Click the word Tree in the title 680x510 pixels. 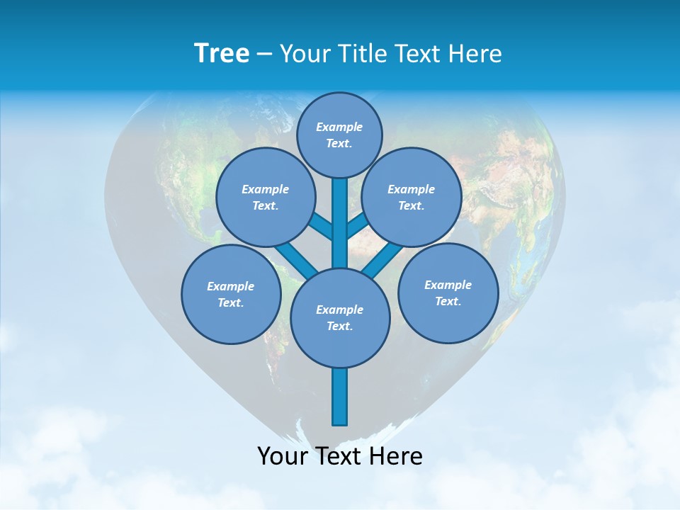222,54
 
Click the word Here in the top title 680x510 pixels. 475,54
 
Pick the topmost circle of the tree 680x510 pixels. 339,135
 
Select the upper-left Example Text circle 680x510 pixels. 265,197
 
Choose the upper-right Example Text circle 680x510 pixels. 412,197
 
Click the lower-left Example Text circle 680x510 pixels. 231,294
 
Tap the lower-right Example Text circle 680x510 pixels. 448,293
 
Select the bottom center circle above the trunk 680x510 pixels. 340,317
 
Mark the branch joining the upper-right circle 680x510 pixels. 358,226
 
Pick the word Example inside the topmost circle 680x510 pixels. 339,127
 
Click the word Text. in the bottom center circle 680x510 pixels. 339,326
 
